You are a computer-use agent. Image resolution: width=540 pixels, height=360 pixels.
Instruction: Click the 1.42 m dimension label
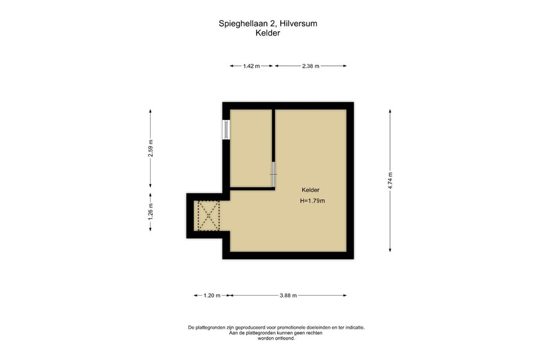click(251, 66)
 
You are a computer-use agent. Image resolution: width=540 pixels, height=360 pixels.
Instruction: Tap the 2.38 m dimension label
click(311, 66)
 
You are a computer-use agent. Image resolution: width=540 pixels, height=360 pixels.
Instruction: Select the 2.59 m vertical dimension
click(151, 148)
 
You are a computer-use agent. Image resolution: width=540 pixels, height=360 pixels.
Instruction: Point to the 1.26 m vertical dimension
click(151, 212)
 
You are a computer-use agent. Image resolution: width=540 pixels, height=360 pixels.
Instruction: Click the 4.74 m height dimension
click(390, 181)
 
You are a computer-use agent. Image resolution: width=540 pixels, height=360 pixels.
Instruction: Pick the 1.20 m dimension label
click(212, 296)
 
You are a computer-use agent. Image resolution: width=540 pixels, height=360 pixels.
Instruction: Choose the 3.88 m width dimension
click(288, 296)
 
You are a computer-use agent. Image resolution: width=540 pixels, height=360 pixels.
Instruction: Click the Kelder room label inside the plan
click(310, 190)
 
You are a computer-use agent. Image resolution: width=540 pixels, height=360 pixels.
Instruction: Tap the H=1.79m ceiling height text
click(313, 201)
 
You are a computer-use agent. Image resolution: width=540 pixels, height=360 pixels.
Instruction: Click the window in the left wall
click(226, 130)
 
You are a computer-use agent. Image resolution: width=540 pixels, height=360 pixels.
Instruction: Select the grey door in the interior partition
click(274, 175)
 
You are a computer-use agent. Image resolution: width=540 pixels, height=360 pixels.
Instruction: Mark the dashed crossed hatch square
click(209, 216)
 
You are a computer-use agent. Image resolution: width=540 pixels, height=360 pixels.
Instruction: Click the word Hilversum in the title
click(298, 24)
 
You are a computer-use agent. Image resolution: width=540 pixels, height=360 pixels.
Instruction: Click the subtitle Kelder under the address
click(268, 34)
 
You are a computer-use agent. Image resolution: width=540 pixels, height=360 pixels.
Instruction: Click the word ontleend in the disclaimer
click(285, 338)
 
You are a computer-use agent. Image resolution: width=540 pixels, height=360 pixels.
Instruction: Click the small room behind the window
click(251, 148)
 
